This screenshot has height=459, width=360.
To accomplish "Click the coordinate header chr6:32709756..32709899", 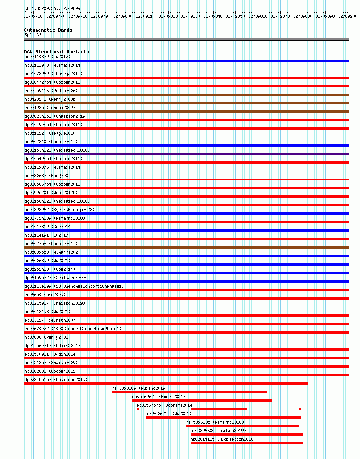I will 52,8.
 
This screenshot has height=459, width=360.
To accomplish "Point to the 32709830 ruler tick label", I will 190,17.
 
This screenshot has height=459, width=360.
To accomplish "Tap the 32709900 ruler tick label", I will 347,17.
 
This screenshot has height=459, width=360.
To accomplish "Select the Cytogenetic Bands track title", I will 48,30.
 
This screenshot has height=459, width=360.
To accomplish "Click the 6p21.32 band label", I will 33,35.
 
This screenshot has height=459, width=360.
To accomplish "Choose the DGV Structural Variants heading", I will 57,52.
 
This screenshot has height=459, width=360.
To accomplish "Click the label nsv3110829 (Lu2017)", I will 47,57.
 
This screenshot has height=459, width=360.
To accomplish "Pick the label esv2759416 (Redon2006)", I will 51,91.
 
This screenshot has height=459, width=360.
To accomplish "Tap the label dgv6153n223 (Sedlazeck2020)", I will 57,150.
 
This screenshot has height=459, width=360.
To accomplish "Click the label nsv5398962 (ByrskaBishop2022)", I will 59,210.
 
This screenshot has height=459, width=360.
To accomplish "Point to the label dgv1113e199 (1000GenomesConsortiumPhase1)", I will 74,286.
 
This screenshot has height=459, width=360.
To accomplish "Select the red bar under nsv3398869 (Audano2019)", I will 189,392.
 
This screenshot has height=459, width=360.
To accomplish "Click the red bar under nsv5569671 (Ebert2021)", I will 202,401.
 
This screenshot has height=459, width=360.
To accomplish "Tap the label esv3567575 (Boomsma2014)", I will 165,405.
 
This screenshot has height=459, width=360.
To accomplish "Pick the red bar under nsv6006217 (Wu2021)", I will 223,418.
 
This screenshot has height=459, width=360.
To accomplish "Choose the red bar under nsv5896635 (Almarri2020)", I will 242,426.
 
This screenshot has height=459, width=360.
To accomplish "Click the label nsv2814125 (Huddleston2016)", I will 223,439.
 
